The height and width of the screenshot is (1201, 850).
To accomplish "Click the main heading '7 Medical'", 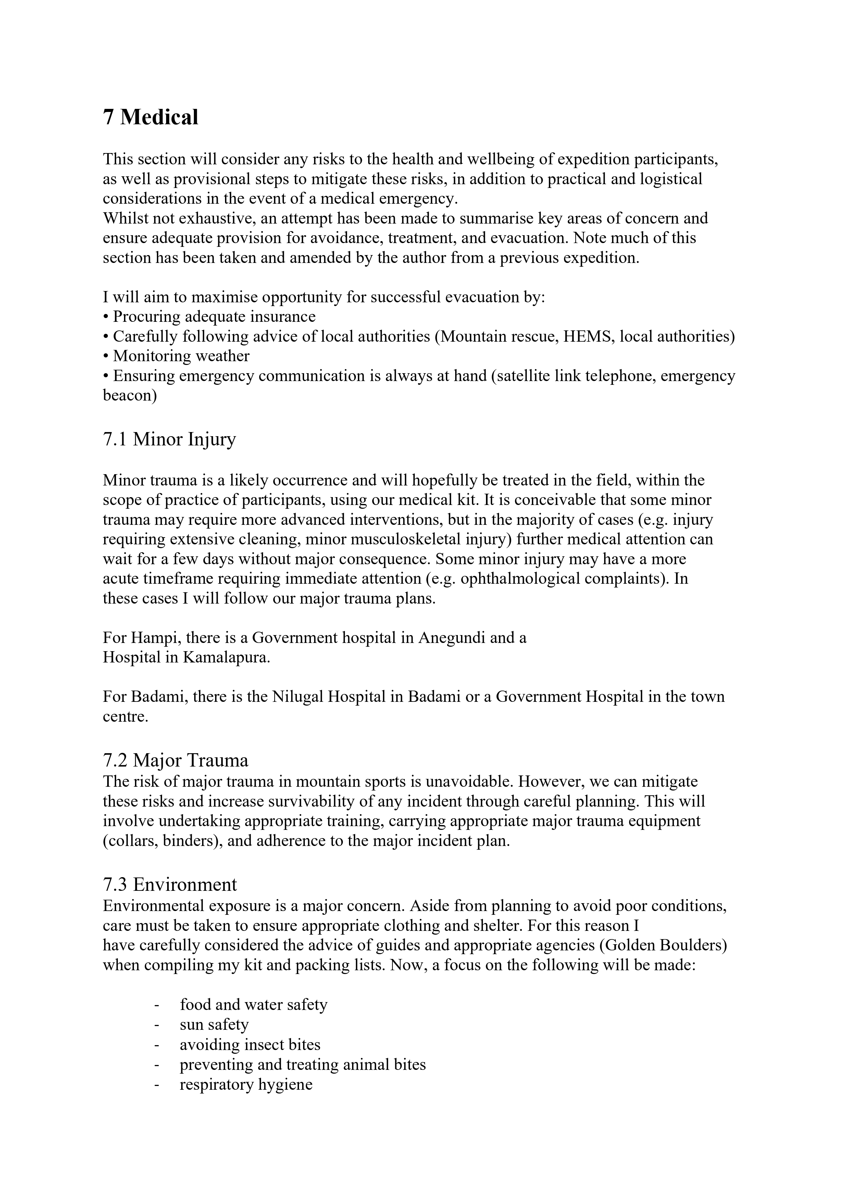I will click(150, 117).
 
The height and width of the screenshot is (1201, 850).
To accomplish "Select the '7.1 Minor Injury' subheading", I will click(169, 439).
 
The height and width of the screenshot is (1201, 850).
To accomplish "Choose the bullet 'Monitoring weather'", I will click(181, 356).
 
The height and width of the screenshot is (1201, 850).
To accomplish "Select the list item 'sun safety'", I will click(214, 1024).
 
